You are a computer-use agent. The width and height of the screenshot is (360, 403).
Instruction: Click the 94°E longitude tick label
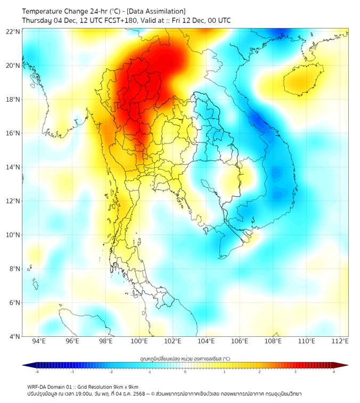click(39, 341)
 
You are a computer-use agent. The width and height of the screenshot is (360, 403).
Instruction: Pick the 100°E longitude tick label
click(140, 341)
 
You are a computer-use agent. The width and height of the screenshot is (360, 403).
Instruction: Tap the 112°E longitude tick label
click(340, 341)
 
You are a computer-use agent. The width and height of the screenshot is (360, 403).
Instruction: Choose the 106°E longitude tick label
click(240, 341)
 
